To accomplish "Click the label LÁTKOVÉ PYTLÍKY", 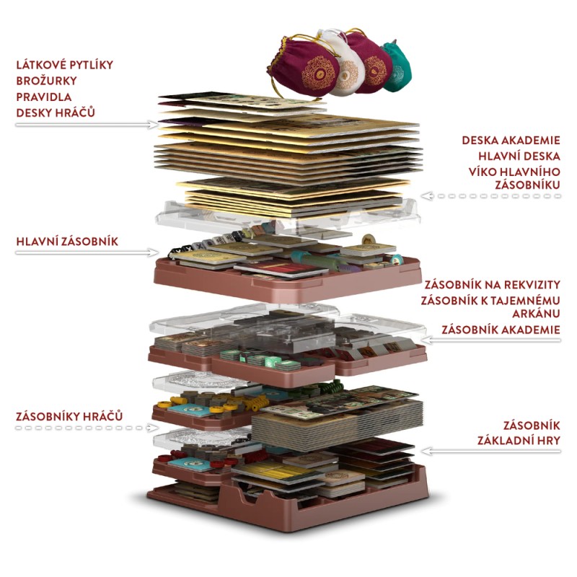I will pyautogui.click(x=64, y=65).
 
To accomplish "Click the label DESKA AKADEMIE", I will pyautogui.click(x=511, y=141).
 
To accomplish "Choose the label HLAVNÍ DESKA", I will pyautogui.click(x=519, y=157).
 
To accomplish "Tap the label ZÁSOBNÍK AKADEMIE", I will pyautogui.click(x=501, y=330).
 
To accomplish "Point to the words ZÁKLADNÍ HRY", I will pyautogui.click(x=518, y=440).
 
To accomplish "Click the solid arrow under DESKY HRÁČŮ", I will pyautogui.click(x=87, y=125).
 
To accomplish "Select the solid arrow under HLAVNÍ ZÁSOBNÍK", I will pyautogui.click(x=87, y=252).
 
